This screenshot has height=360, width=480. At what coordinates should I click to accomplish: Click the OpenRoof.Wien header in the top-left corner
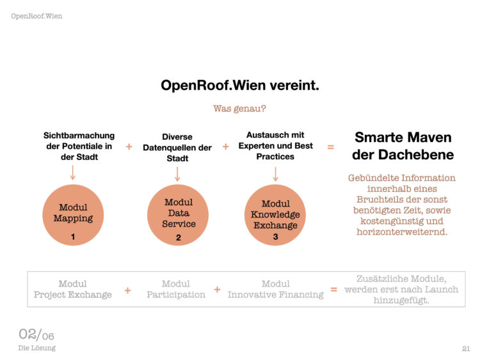pos(36,16)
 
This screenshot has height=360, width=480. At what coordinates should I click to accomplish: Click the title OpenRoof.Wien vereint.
pos(240,85)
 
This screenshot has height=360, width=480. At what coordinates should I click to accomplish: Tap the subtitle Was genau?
pos(239,109)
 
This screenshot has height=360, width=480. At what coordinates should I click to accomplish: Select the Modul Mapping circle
pos(73,215)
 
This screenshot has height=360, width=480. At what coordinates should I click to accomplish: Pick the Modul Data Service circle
pos(177,215)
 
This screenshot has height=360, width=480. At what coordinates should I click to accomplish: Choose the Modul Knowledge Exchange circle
pos(275,215)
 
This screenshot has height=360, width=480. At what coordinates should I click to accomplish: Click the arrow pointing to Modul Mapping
pos(72,173)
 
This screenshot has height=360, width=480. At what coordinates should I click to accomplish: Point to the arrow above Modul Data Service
pos(177,174)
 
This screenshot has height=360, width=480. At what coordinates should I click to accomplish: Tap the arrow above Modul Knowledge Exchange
pos(275,174)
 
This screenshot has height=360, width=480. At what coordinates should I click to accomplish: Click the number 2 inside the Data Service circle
pos(179,238)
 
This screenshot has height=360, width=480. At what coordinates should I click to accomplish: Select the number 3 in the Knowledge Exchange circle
pos(275,237)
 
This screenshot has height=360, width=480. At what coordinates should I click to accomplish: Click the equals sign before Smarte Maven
pos(331,147)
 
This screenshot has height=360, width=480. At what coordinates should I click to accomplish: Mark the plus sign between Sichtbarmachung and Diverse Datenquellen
pos(129,147)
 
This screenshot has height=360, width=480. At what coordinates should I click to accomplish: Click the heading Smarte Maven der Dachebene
pos(403,146)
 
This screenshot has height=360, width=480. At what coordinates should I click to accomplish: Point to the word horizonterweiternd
pos(402,232)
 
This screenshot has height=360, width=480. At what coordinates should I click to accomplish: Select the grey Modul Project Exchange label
pos(72,289)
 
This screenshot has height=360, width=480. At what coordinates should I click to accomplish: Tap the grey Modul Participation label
pos(176,289)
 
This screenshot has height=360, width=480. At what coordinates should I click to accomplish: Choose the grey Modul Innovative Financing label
pos(275,289)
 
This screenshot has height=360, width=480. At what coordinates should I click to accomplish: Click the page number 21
pos(466,348)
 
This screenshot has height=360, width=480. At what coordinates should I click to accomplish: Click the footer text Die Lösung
pos(36,348)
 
